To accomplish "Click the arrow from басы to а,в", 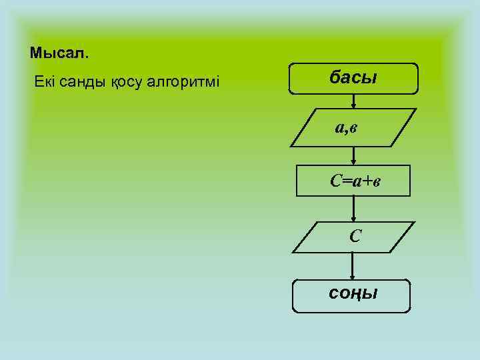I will (x=353, y=101).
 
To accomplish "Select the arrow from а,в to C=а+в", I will (x=353, y=157).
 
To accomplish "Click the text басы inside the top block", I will (x=353, y=77).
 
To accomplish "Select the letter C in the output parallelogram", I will (x=354, y=235).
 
